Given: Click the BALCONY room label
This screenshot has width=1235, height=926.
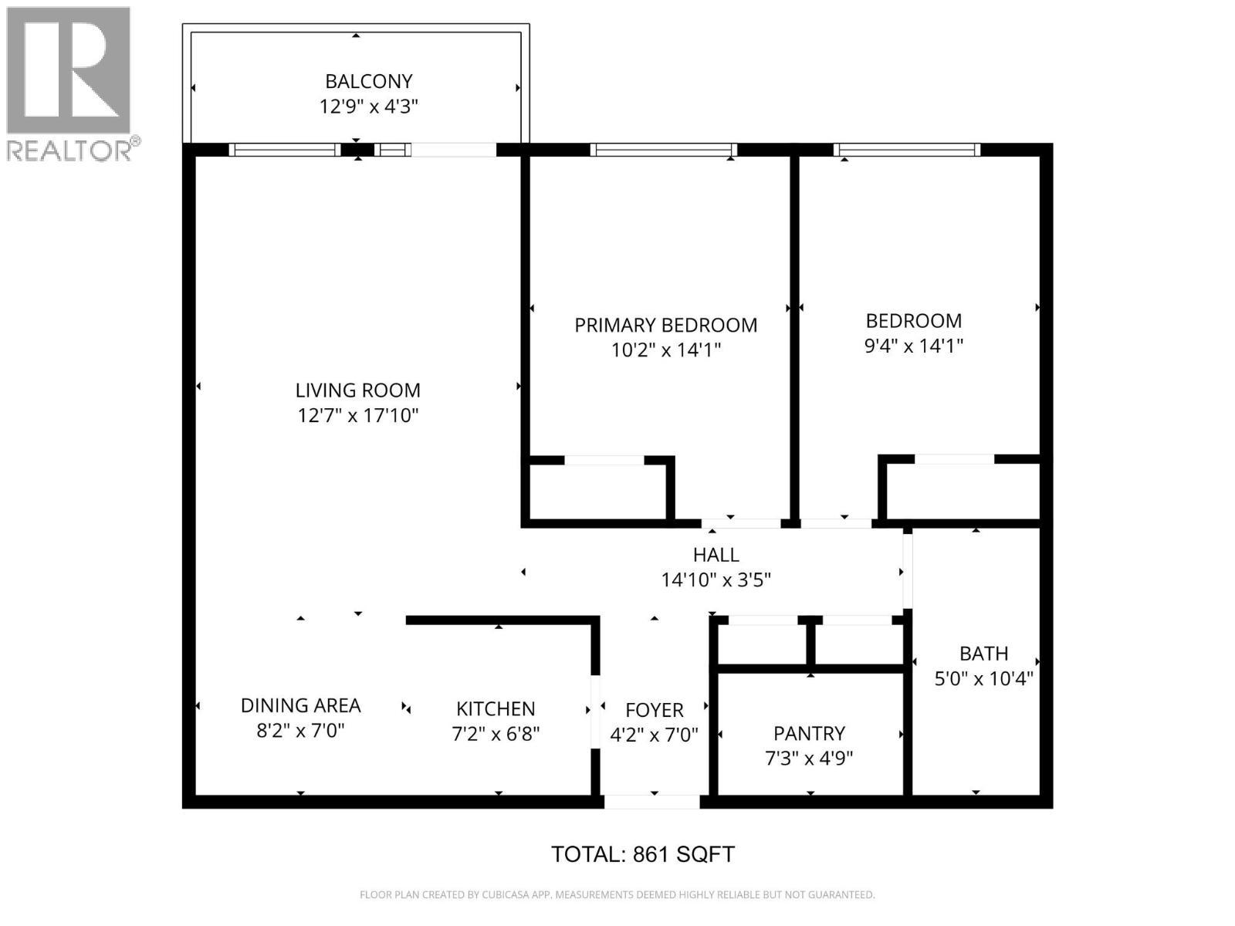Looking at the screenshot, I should (x=368, y=81).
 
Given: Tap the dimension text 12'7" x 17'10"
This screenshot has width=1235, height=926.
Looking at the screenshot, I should (x=358, y=416).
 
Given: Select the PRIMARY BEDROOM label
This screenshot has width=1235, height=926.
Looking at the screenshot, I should (x=665, y=325).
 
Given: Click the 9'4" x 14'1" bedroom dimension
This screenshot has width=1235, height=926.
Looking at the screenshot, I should (x=913, y=346).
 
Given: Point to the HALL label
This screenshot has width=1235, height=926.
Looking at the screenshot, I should (x=716, y=555).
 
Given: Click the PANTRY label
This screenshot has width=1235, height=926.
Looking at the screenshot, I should (x=809, y=733).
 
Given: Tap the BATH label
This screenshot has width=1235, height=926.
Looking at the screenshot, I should (x=983, y=654).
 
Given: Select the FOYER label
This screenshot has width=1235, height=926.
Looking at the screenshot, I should (x=654, y=710).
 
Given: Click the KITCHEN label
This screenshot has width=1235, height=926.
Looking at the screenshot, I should (x=496, y=708).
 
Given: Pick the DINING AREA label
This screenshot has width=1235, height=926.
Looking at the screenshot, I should (x=300, y=705).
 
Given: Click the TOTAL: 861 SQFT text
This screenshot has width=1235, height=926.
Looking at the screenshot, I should (x=642, y=854).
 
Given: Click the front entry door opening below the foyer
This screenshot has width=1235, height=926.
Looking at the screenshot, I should (x=651, y=802).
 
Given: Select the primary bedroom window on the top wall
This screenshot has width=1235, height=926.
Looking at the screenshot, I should (x=664, y=150).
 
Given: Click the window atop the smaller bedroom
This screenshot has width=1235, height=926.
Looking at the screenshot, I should (x=907, y=150).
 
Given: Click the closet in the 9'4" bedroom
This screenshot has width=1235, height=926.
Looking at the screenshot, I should (x=963, y=492).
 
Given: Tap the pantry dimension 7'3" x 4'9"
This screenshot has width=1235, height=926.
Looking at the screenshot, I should (x=809, y=759).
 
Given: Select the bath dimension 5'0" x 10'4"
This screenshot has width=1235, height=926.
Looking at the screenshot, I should (x=983, y=679).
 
